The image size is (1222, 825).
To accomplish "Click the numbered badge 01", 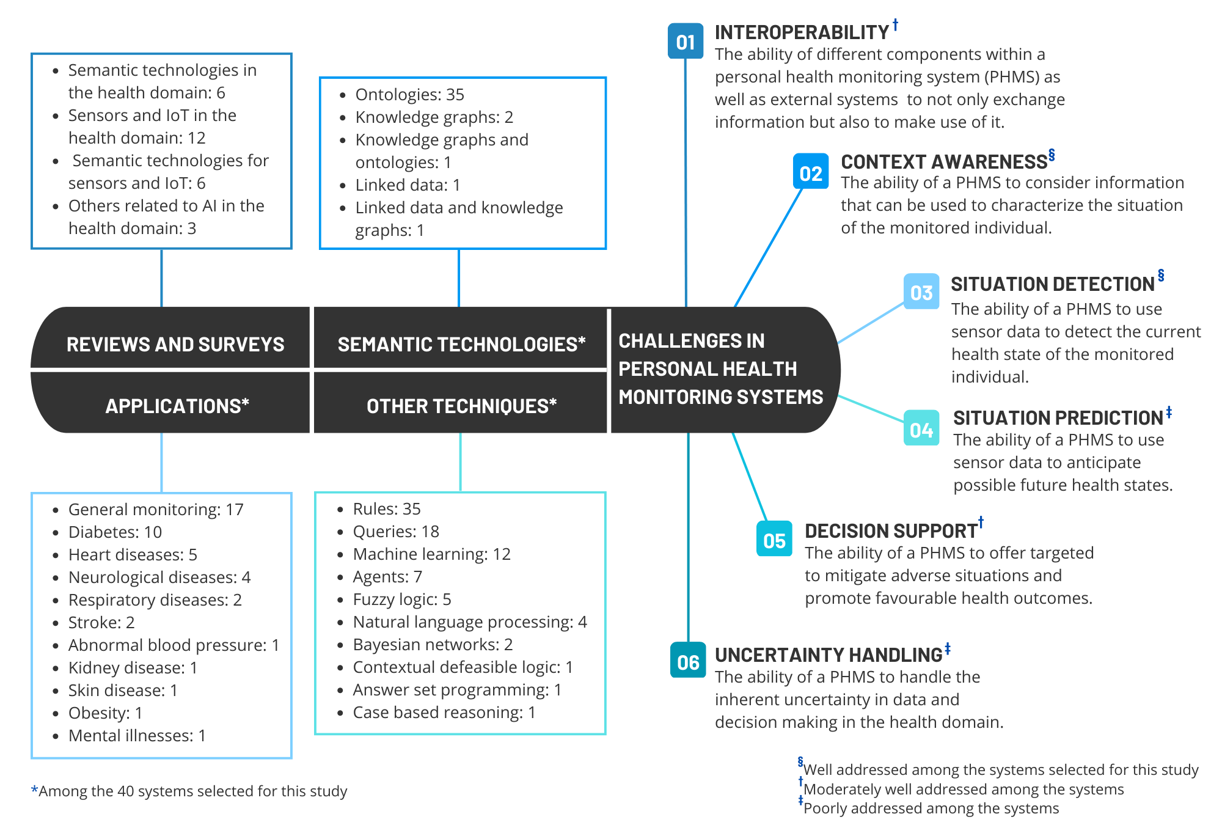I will pos(686,42).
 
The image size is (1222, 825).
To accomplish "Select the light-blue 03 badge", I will pos(921,291).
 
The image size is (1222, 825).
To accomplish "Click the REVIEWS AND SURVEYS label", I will pos(175,345).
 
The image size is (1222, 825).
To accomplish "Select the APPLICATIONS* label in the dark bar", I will pos(177,406).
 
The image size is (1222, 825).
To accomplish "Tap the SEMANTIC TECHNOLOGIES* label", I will pos(461,345).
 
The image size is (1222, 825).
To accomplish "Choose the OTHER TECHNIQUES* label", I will pos(461,406).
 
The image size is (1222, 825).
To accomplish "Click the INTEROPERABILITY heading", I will pos(802,32).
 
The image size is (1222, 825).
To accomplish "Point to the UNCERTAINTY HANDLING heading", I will pos(829,655).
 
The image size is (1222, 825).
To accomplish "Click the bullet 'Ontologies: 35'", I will pos(409,95).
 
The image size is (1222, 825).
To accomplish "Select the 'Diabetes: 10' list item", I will pos(115,532).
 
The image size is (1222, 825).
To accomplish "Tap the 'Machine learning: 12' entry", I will pos(431,554).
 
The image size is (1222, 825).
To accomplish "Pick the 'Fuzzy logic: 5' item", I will pos(401,599).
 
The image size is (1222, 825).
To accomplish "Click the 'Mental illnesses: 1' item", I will pos(137,736).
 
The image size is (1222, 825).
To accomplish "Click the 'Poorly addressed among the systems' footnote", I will pos(931,809).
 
